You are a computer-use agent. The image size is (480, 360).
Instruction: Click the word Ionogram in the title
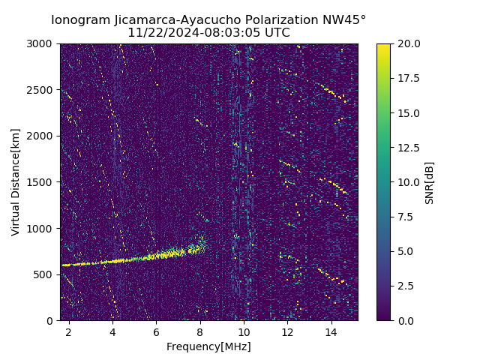click(x=79, y=20)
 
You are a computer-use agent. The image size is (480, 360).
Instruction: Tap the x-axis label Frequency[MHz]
click(x=208, y=346)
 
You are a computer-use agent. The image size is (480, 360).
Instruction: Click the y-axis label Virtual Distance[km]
click(x=16, y=182)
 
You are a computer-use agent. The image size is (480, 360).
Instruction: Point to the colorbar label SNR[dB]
click(x=430, y=182)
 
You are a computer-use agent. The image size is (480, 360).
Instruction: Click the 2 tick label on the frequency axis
click(x=69, y=331)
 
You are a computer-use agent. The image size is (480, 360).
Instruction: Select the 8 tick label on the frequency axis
click(x=200, y=331)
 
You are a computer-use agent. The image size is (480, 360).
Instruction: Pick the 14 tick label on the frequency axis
click(x=331, y=331)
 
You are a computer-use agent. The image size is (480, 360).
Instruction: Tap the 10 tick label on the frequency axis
click(x=244, y=331)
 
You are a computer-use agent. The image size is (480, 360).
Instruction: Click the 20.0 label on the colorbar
click(x=408, y=43)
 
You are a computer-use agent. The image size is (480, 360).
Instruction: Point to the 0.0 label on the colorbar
click(x=406, y=320)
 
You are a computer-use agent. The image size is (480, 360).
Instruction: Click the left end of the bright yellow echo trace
click(x=63, y=265)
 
